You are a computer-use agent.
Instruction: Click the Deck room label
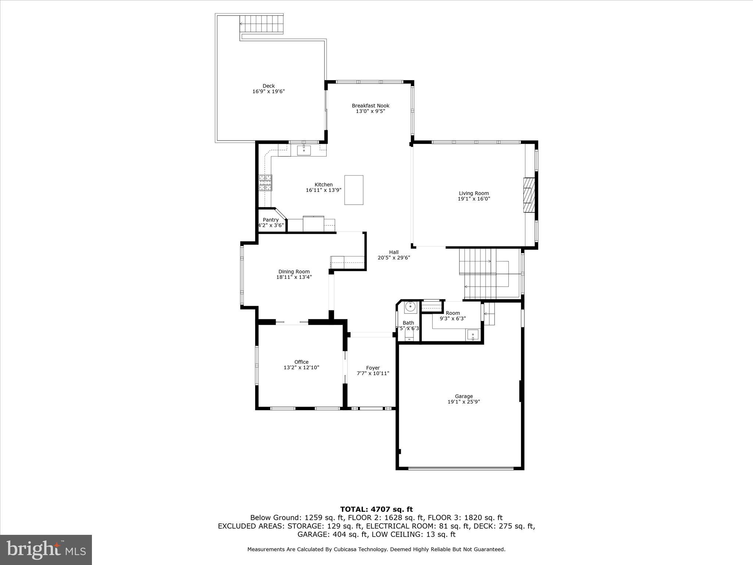coord(268,86)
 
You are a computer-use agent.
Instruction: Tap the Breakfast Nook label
coord(370,106)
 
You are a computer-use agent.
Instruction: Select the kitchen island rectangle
coord(354,190)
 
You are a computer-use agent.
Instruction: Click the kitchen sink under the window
coord(304,150)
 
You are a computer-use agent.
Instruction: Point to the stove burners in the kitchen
coord(265,183)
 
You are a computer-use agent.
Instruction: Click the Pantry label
coord(271,220)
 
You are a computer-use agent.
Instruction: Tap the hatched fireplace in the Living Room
coord(529,195)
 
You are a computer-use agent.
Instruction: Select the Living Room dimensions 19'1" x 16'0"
coord(474,199)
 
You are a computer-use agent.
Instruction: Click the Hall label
coord(394,252)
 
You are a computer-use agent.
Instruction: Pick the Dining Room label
coord(294,272)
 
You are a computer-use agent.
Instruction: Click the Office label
coord(301,362)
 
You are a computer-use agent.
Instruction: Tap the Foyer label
coord(373,368)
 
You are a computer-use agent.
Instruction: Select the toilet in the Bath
coord(409,335)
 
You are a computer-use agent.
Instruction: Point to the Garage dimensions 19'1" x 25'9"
coord(464,402)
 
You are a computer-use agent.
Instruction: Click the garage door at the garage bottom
coord(461,468)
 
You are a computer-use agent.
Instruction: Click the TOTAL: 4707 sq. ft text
coord(376,509)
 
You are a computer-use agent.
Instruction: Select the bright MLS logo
coord(46,550)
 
